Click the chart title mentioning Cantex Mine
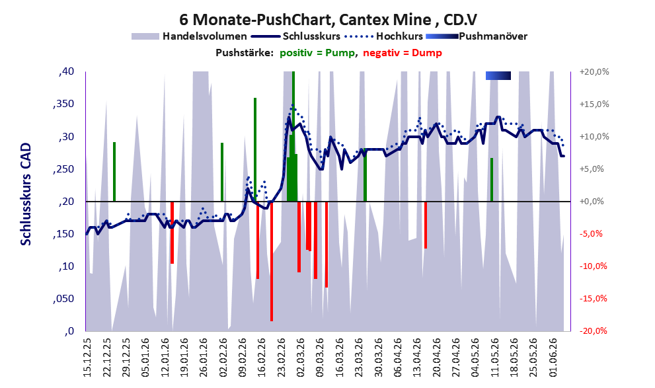(x=328, y=19)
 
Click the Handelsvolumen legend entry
(x=189, y=36)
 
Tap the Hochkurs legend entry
(x=383, y=36)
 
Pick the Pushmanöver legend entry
(x=477, y=36)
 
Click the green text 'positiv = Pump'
(x=318, y=53)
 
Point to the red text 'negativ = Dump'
(x=403, y=53)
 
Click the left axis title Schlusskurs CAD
(x=26, y=194)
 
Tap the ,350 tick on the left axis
(x=63, y=104)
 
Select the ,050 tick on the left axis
(x=63, y=299)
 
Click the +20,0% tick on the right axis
(x=594, y=72)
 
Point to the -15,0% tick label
(x=593, y=299)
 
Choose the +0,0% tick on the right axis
(x=592, y=202)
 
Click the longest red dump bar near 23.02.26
(x=272, y=262)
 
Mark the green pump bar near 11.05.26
(x=492, y=180)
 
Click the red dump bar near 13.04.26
(x=426, y=225)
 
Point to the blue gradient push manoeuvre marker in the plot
(x=498, y=75)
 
